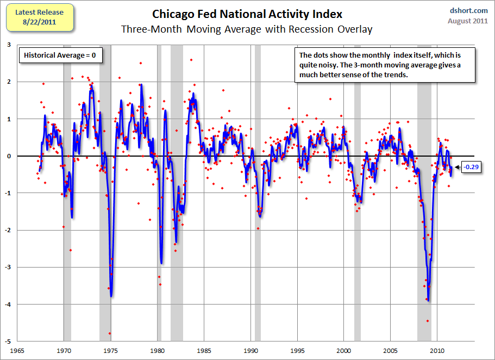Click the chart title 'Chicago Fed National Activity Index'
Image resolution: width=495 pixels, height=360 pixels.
point(247,14)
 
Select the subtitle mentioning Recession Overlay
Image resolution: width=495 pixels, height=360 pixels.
point(247,29)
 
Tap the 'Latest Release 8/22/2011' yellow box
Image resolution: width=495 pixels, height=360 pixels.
point(39,17)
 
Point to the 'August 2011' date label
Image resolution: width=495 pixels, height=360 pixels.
point(467,21)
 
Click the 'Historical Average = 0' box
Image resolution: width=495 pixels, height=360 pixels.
point(60,55)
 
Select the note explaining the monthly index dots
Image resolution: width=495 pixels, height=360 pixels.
point(386,65)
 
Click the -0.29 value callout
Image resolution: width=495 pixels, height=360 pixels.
point(471,167)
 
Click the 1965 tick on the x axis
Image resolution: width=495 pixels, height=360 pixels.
point(18,350)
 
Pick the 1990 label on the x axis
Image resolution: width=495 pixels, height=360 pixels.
point(251,350)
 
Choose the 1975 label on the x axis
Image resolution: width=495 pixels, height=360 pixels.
point(111,350)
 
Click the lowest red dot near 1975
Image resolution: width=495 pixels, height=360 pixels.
point(110,333)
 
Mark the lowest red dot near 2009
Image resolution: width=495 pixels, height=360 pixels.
point(428,321)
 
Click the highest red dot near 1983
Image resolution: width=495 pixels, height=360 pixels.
point(191,60)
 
